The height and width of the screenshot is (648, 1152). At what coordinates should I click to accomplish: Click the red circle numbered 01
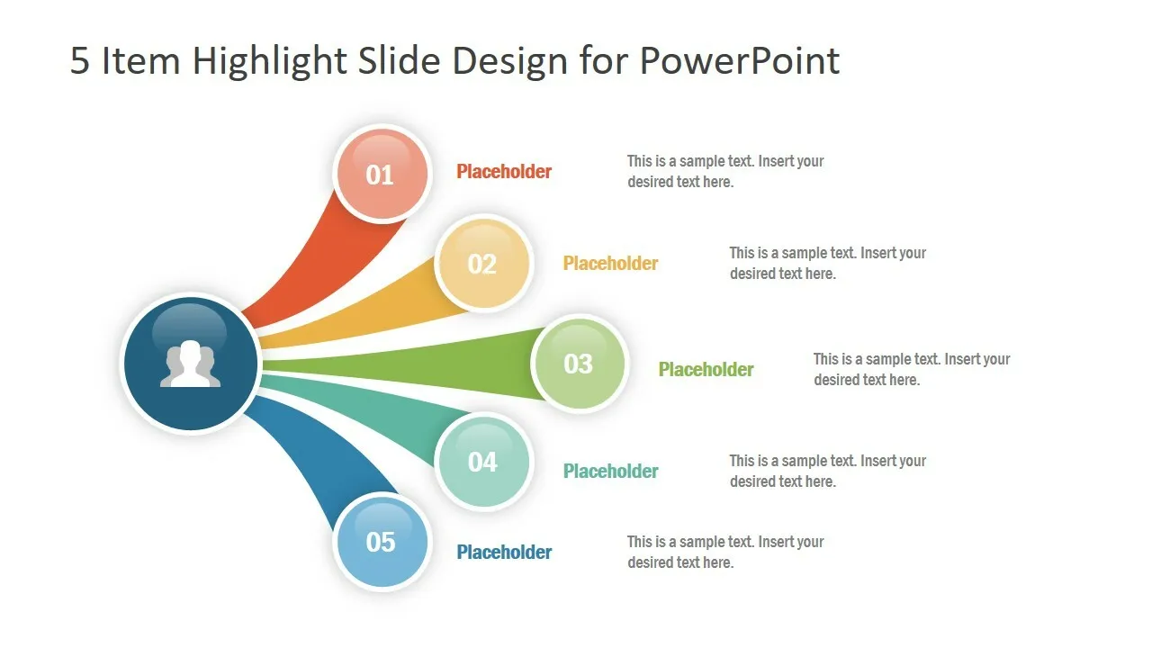click(382, 175)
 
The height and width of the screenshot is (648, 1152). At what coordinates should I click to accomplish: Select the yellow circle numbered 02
click(483, 264)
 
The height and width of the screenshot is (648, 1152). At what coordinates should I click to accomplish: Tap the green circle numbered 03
click(580, 364)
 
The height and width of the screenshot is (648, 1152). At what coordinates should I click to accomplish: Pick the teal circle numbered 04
click(483, 462)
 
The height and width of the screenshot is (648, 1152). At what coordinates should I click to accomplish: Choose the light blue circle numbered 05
click(382, 542)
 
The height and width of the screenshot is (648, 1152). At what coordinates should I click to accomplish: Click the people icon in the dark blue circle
click(190, 363)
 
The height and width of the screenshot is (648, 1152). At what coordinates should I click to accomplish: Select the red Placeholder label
click(504, 172)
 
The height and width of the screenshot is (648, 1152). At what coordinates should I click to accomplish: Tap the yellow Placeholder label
click(610, 264)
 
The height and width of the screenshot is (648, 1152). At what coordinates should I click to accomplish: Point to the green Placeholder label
click(706, 369)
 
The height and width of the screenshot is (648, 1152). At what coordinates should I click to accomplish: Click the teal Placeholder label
click(610, 471)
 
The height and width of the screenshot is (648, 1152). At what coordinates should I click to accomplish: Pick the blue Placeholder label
click(504, 553)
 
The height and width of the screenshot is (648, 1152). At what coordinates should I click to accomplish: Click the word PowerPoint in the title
click(740, 60)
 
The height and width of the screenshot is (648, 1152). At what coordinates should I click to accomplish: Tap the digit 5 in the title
click(80, 60)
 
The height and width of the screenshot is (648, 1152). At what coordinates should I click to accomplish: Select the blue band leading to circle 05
click(319, 458)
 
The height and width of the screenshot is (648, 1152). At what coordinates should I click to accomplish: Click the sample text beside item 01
click(725, 171)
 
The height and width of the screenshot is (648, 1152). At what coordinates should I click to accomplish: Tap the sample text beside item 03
click(912, 369)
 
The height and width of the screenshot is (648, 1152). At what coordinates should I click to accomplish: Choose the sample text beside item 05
click(725, 552)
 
